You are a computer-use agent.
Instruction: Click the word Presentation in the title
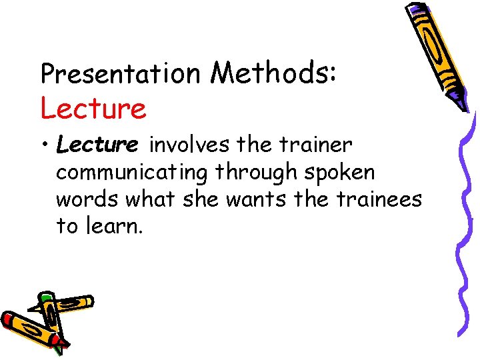[x=121, y=73]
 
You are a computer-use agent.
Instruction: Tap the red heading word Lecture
[x=93, y=109]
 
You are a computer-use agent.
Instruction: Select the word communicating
[x=132, y=173]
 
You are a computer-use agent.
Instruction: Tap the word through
[x=258, y=173]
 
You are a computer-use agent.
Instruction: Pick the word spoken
[x=340, y=173]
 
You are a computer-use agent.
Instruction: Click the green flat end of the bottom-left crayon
[x=45, y=297]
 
